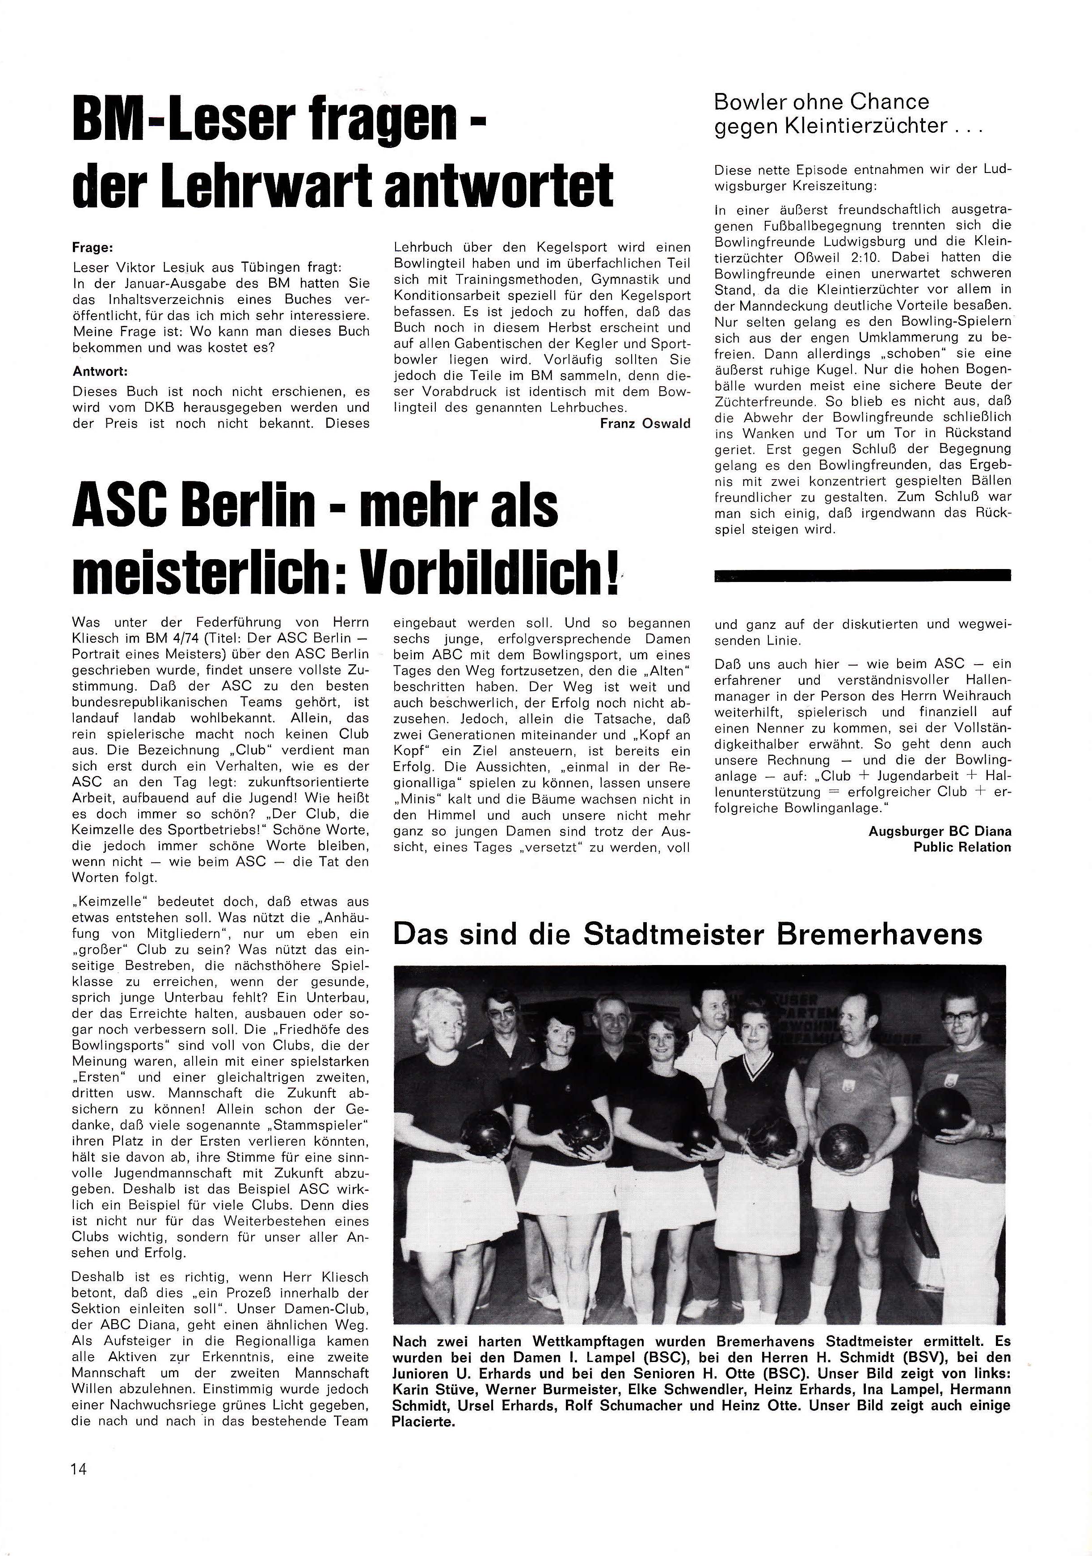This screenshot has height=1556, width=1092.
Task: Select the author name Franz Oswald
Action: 645,424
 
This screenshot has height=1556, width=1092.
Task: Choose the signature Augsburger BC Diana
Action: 939,831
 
